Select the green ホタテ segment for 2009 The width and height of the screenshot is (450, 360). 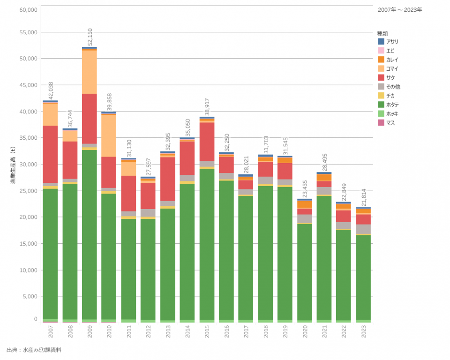[90, 234]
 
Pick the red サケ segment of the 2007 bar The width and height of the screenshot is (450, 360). [50, 154]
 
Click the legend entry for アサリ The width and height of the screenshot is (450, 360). [392, 42]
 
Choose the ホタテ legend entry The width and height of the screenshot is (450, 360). [392, 105]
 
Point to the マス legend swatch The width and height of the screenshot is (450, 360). [381, 123]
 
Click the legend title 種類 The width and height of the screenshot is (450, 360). [382, 33]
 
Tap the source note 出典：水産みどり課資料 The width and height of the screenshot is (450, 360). [34, 350]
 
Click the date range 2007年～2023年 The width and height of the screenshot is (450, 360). [400, 9]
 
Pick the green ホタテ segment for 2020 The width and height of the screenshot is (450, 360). [305, 272]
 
